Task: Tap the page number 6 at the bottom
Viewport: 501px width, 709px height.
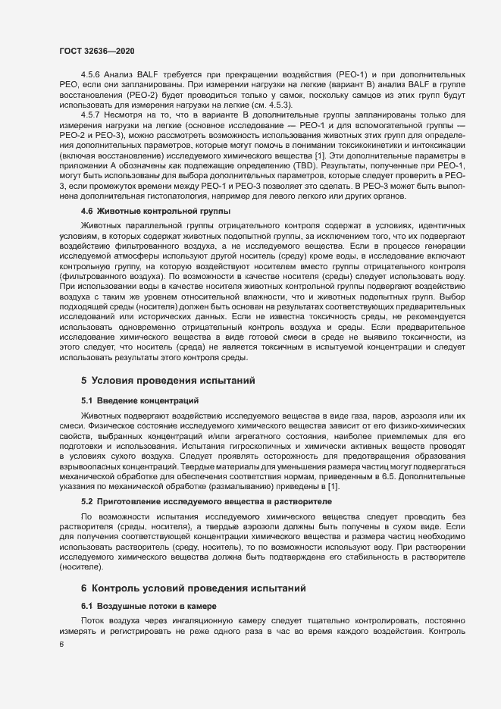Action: click(x=61, y=645)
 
